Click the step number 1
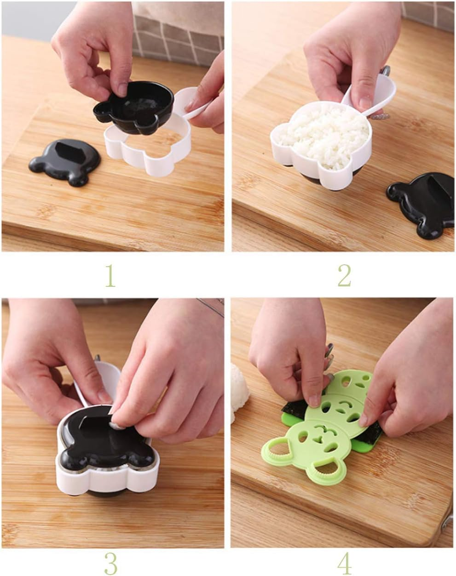110,275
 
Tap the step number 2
344,275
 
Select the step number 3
110,562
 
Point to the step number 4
344,562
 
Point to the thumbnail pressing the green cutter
314,399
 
